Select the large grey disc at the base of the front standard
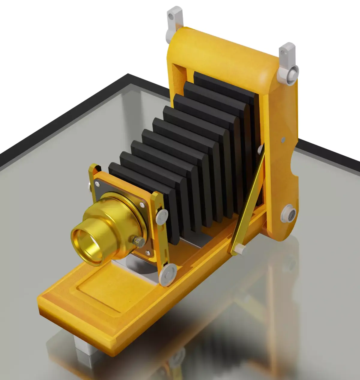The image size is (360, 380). (168, 274)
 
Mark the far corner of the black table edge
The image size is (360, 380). (128, 75)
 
